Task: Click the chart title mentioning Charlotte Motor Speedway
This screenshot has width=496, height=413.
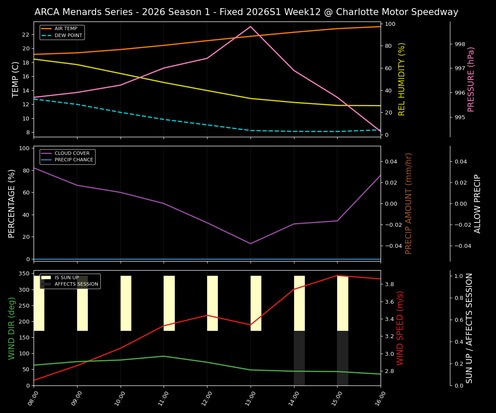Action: click(x=246, y=12)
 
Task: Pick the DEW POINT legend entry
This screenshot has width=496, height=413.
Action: click(x=68, y=35)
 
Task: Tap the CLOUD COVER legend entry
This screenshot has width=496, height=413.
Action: click(x=72, y=153)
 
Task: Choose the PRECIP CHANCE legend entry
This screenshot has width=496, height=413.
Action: click(x=74, y=160)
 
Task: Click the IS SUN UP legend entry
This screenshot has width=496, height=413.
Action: click(x=65, y=277)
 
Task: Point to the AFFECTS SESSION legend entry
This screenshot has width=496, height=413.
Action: click(x=76, y=284)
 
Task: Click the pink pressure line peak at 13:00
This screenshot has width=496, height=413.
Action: click(x=251, y=27)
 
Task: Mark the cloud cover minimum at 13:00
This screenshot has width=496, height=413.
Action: click(x=251, y=243)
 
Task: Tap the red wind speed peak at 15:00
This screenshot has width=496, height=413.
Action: click(x=337, y=275)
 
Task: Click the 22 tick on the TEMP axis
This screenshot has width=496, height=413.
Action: click(x=25, y=34)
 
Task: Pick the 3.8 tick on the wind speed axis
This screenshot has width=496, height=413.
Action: click(x=389, y=284)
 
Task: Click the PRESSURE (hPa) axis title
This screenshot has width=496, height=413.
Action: click(x=471, y=79)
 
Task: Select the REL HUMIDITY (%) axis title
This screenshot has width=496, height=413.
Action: click(x=402, y=79)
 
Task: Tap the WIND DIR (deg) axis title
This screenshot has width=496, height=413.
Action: click(x=12, y=328)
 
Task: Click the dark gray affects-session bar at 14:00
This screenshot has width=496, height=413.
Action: click(x=299, y=358)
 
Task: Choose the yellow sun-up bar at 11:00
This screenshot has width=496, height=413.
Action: click(x=169, y=303)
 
